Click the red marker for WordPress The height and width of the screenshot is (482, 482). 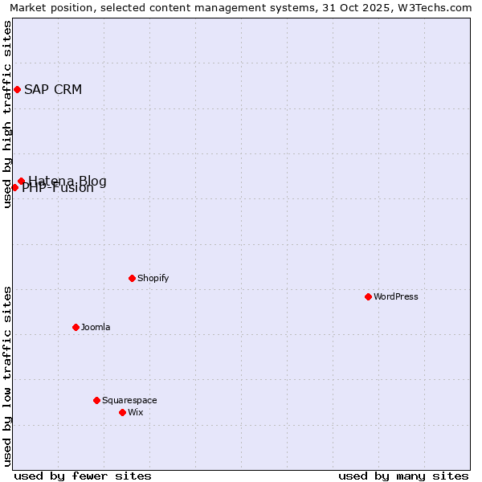point(368,296)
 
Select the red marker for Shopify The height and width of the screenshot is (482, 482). point(132,278)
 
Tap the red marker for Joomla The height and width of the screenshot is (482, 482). point(76,327)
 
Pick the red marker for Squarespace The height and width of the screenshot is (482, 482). point(96,400)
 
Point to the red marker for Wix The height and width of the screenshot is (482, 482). point(122,412)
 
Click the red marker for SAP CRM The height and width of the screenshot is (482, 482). point(17,89)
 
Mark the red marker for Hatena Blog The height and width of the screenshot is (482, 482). point(22,182)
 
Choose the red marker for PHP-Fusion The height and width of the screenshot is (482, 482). point(14,187)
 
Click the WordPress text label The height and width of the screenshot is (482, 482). point(396,296)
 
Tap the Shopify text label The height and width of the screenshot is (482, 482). point(153,278)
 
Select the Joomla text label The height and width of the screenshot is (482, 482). point(96,327)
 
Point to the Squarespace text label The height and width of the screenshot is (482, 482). point(129,400)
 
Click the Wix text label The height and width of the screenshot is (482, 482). point(136,412)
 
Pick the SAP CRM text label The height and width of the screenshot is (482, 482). point(53,89)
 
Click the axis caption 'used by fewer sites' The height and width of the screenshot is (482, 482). point(83,476)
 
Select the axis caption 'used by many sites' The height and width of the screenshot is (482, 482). point(403,476)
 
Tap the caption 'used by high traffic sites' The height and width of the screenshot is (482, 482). point(7,114)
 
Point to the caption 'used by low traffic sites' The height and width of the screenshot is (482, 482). point(7,376)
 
